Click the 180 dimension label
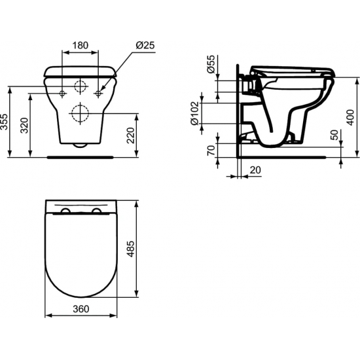tap(80, 46)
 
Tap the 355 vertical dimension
tap(5, 122)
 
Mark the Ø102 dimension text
tap(194, 113)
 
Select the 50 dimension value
tap(335, 135)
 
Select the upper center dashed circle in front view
tap(80, 87)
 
